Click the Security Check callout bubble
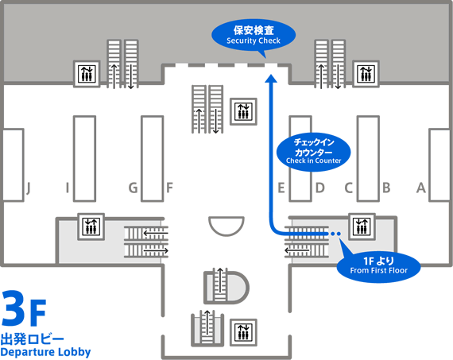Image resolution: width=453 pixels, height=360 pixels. (x=254, y=36)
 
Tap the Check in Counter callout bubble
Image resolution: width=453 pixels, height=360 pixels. (x=313, y=153)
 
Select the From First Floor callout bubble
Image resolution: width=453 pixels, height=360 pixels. (x=378, y=266)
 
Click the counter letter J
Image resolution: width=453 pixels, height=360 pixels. (x=29, y=188)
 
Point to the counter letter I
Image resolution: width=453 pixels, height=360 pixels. (x=68, y=188)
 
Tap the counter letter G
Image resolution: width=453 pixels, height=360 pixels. (x=133, y=188)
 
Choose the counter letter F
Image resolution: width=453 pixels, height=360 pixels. (x=169, y=188)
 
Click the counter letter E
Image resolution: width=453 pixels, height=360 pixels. (x=281, y=188)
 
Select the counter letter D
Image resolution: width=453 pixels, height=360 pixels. (x=320, y=188)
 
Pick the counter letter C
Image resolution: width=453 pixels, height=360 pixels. (x=349, y=188)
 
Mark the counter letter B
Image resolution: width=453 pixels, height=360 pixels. (x=386, y=188)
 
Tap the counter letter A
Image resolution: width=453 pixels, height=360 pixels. (x=421, y=188)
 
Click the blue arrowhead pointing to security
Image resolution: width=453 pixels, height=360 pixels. (x=271, y=79)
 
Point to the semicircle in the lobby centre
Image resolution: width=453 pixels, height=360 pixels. (x=226, y=226)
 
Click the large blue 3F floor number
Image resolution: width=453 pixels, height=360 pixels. (x=24, y=308)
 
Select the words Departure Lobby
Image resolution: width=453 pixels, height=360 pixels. (x=45, y=352)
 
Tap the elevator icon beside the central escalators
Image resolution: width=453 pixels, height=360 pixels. (x=243, y=111)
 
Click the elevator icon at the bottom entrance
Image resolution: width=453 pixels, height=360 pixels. (x=243, y=332)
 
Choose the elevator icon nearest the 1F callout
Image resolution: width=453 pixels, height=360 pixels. (x=362, y=226)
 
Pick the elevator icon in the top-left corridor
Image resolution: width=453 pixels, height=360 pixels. (x=87, y=74)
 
